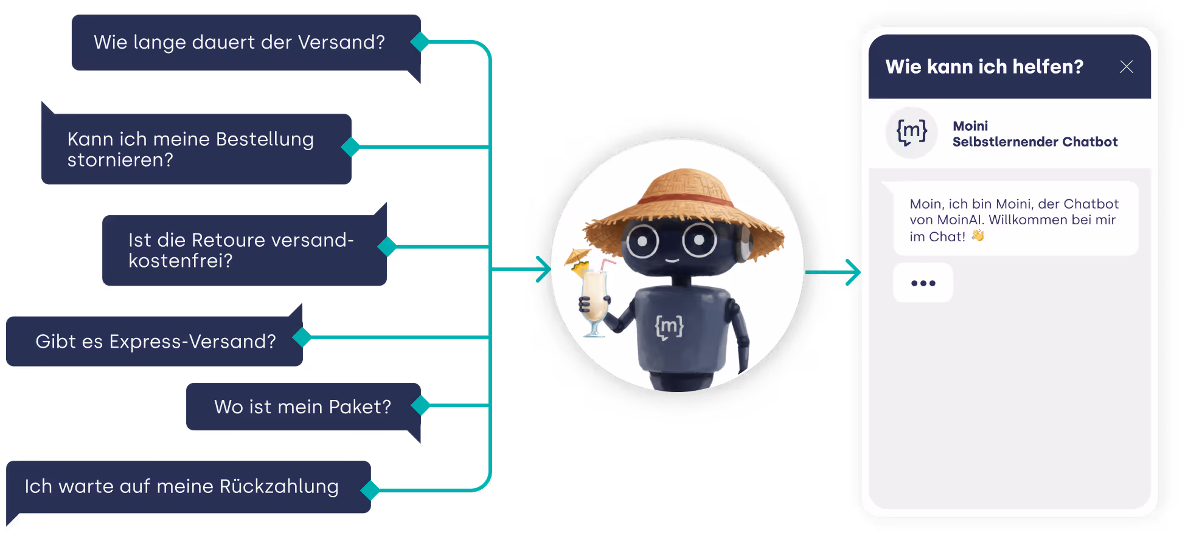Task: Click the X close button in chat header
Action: coord(1126,67)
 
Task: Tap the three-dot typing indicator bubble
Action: coord(923,283)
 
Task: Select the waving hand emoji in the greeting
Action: coord(978,236)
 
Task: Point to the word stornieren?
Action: coord(120,160)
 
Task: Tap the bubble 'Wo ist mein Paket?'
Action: coord(302,407)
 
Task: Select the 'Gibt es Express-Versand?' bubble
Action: coord(155,342)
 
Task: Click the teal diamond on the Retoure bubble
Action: coord(387,247)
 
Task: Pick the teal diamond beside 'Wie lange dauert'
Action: coord(420,42)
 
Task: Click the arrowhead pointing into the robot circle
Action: coord(544,269)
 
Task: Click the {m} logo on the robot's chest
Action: coord(669,327)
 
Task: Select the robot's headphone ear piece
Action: coord(745,244)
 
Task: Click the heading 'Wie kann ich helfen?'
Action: coord(984,67)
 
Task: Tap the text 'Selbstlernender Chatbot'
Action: coord(1035,142)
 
